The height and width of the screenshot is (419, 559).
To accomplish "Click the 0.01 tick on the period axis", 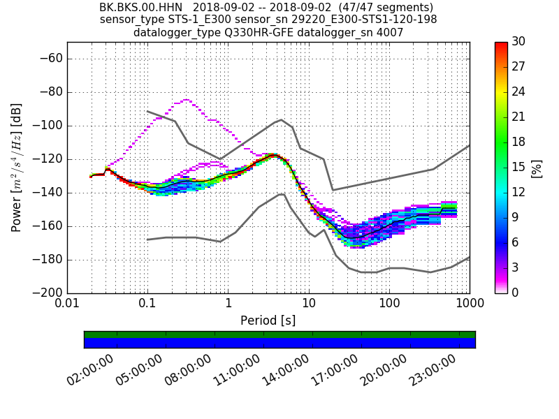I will (x=67, y=304).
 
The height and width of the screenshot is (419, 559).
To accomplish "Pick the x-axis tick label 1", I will (x=228, y=304).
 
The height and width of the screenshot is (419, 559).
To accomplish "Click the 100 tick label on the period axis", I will (x=389, y=304).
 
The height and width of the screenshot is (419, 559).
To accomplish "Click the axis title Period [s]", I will (x=268, y=321).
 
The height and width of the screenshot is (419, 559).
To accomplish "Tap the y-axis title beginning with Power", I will (x=17, y=168).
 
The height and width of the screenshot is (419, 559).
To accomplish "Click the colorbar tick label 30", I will (x=519, y=42).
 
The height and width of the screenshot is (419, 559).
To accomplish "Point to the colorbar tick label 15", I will (x=518, y=167).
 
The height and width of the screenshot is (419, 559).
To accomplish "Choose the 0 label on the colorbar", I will (x=516, y=293).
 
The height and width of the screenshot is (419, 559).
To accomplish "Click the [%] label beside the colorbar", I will (x=537, y=168).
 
